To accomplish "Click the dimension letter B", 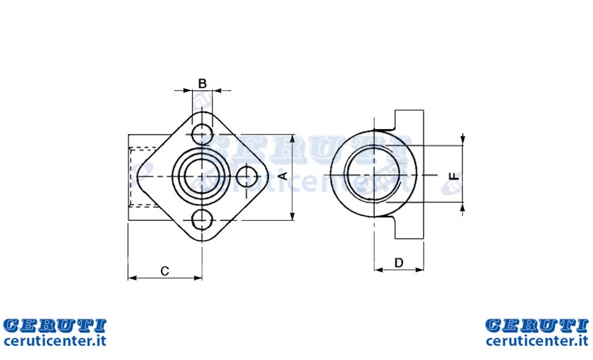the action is (x=203, y=83).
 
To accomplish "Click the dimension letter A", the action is (x=284, y=176).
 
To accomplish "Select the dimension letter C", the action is (x=164, y=271).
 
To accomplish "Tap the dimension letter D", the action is (x=399, y=263).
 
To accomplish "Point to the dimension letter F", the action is (x=454, y=176).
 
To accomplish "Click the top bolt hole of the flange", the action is (x=202, y=133).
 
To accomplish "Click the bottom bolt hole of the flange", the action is (x=202, y=220).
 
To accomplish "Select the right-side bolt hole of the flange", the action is (x=247, y=176).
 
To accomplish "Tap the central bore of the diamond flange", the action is (x=202, y=176).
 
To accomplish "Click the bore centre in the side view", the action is (x=373, y=174).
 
